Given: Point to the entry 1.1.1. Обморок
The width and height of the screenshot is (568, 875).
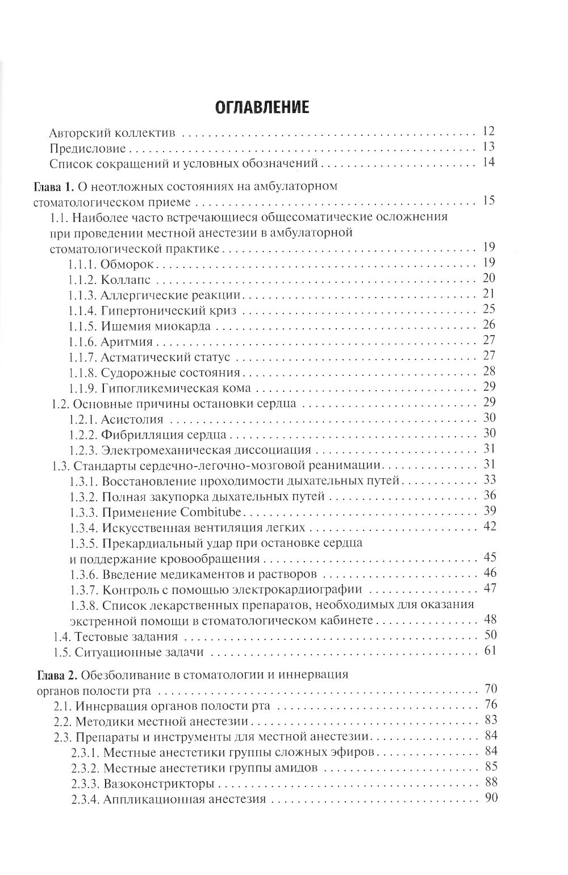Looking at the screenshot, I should (x=113, y=264).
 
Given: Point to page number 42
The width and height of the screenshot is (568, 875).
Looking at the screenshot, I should (x=488, y=526).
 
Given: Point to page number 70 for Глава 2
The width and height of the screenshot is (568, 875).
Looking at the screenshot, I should (x=490, y=690).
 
